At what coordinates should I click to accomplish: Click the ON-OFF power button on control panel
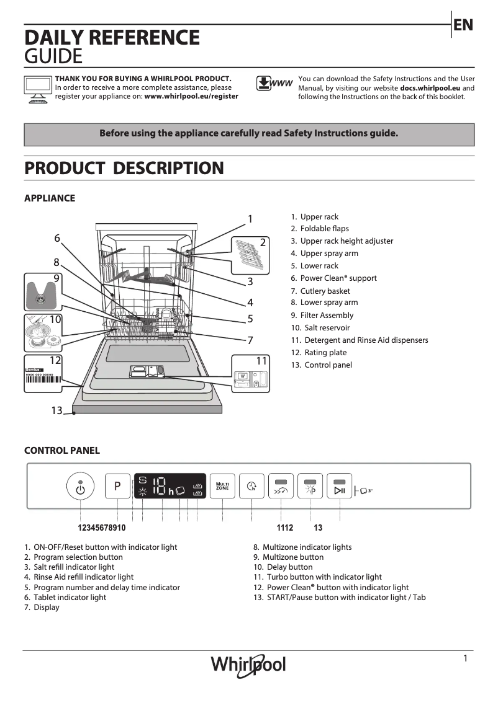79,487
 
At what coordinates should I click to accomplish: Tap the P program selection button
117,487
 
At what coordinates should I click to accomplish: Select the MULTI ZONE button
222,487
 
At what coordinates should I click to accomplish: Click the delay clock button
251,487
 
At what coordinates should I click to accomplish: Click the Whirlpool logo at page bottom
248,665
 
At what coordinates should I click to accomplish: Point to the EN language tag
463,25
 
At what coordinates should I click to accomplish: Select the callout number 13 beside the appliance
57,410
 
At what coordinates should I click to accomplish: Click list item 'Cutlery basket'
325,291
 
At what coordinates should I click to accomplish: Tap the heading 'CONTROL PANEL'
61,451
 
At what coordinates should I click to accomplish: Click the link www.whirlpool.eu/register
191,97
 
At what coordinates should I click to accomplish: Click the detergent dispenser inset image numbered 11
251,374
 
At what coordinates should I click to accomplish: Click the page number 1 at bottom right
465,659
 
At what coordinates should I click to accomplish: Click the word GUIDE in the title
53,57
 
